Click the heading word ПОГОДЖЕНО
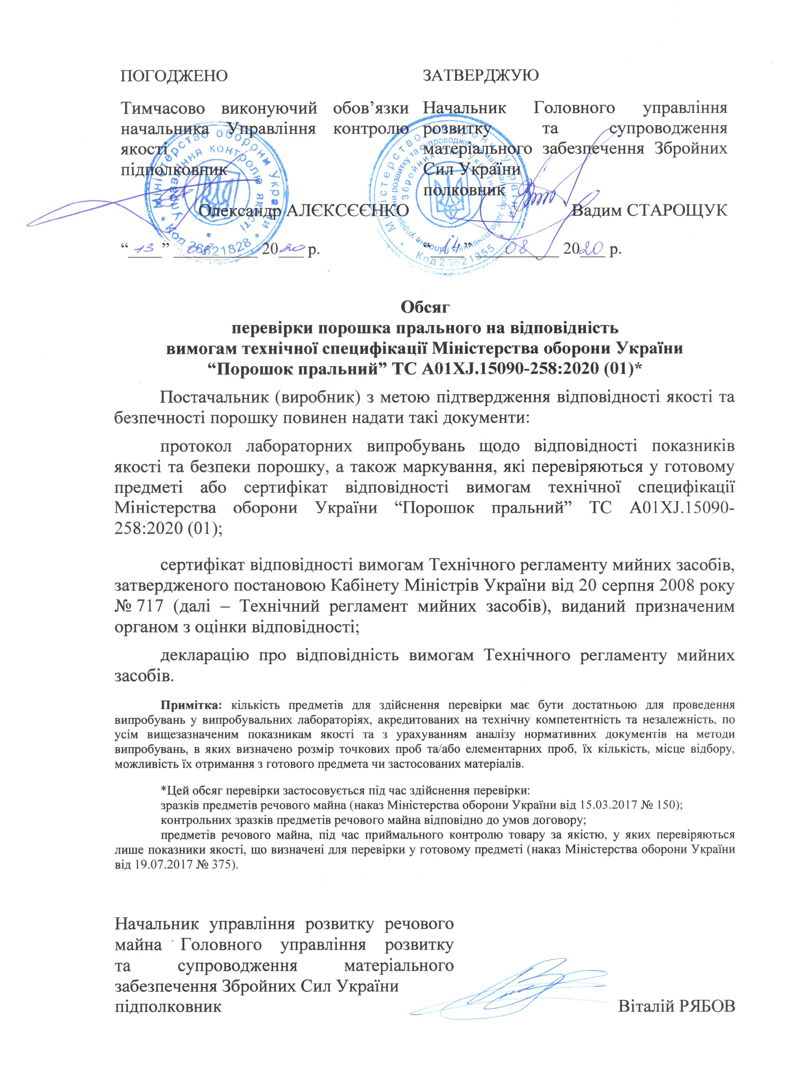point(174,76)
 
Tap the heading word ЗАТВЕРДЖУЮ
point(481,75)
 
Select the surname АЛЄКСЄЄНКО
point(348,210)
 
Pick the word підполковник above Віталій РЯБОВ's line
point(169,1033)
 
